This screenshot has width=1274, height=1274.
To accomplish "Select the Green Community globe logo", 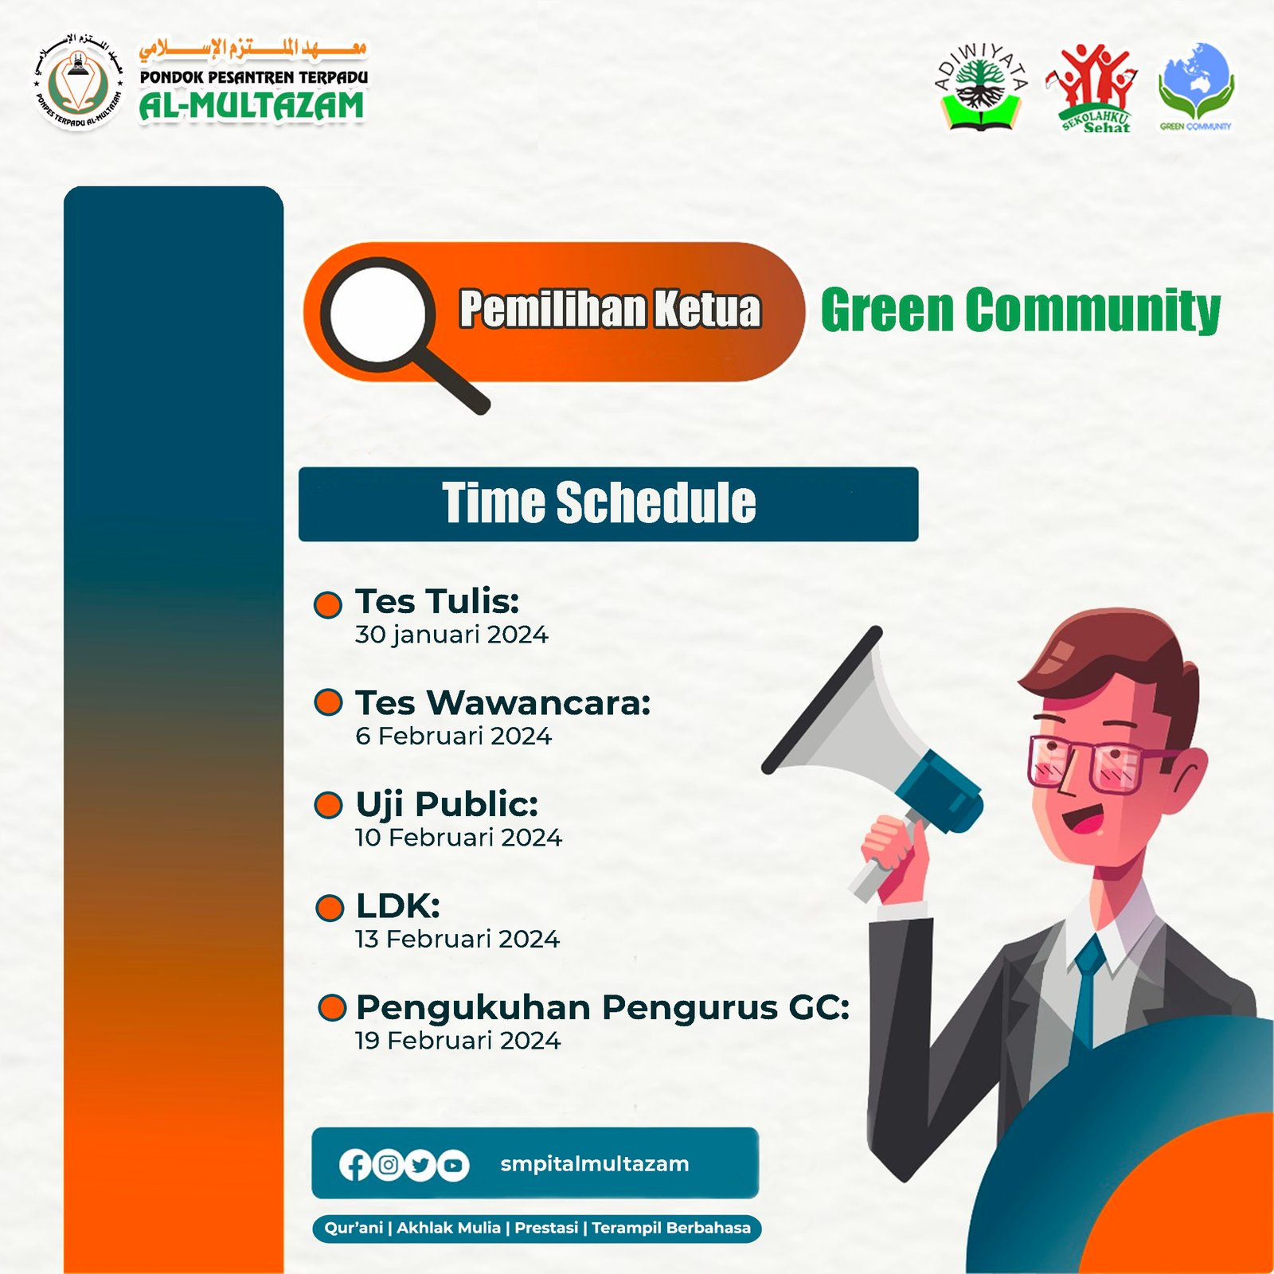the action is pyautogui.click(x=1196, y=86).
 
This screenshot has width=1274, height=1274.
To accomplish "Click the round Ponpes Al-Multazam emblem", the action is pyautogui.click(x=77, y=83).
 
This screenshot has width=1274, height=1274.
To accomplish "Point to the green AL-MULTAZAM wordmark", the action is pyautogui.click(x=252, y=106).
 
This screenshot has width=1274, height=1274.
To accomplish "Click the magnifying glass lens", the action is pyautogui.click(x=378, y=314).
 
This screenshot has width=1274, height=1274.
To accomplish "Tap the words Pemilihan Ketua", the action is pyautogui.click(x=611, y=309).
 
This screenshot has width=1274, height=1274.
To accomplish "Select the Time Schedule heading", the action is pyautogui.click(x=599, y=502).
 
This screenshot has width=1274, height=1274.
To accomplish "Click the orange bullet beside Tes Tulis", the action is pyautogui.click(x=328, y=604).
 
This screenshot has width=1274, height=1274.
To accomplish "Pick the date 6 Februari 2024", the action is pyautogui.click(x=453, y=736).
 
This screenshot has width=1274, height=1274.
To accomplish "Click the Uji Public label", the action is pyautogui.click(x=447, y=804).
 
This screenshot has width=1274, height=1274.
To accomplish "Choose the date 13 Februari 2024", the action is pyautogui.click(x=458, y=939).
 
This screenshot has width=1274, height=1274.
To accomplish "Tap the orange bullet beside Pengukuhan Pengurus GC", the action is pyautogui.click(x=332, y=1007).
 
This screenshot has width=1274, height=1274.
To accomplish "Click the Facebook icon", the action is pyautogui.click(x=355, y=1166).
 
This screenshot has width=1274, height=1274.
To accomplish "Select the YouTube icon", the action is pyautogui.click(x=453, y=1166).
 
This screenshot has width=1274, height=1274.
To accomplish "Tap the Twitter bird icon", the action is pyautogui.click(x=420, y=1166).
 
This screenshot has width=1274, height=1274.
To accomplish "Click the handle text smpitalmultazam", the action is pyautogui.click(x=595, y=1164).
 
